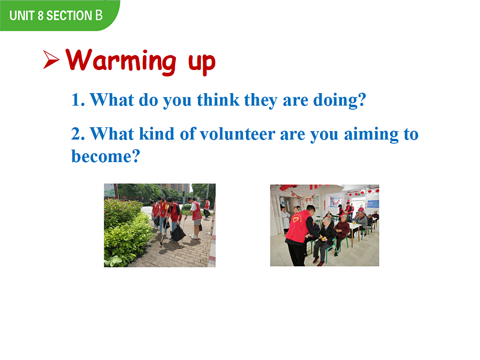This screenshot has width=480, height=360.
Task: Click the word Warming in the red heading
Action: pos(121,61)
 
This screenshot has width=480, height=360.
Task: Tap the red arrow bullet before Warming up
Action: pos(51,60)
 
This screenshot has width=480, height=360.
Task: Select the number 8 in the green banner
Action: pos(40,15)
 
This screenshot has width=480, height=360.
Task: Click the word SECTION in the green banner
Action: pos(69,15)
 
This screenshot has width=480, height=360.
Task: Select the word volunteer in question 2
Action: pos(238,134)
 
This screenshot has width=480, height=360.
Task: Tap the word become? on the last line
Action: pos(105,156)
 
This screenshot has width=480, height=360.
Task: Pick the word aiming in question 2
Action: pos(371,135)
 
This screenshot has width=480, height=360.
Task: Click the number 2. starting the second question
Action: pos(78,134)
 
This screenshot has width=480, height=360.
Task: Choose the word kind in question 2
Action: pos(157,133)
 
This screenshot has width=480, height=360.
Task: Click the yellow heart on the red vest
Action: pos(296,219)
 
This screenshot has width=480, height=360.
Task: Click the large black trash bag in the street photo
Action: pos(178,234)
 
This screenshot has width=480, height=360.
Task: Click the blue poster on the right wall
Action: pos(372,204)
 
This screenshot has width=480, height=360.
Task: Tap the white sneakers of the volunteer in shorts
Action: pos(195,237)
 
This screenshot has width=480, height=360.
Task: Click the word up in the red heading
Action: pos(202,63)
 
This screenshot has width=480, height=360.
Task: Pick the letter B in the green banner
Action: pos(99,15)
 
